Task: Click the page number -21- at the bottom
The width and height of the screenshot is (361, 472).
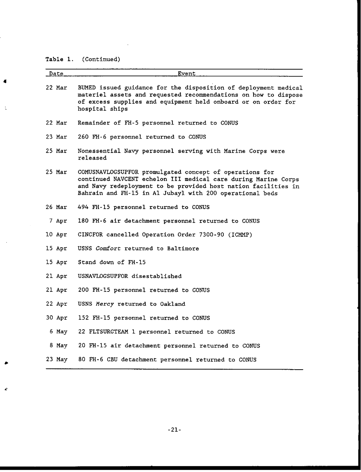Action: (175, 430)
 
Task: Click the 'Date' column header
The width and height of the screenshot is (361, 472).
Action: (56, 74)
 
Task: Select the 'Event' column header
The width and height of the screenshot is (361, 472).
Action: (186, 74)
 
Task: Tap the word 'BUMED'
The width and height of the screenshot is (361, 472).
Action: (87, 88)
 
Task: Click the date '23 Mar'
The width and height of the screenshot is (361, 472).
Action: (56, 137)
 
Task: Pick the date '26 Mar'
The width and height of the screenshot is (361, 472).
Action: (56, 207)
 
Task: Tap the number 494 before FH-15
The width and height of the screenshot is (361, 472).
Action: (83, 207)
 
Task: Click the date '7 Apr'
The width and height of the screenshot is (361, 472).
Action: (58, 221)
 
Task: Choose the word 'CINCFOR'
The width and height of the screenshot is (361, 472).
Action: (90, 235)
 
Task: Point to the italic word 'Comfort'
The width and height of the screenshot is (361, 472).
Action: (108, 249)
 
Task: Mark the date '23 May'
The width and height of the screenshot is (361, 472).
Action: (56, 360)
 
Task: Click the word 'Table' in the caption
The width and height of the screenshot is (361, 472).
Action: (54, 59)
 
